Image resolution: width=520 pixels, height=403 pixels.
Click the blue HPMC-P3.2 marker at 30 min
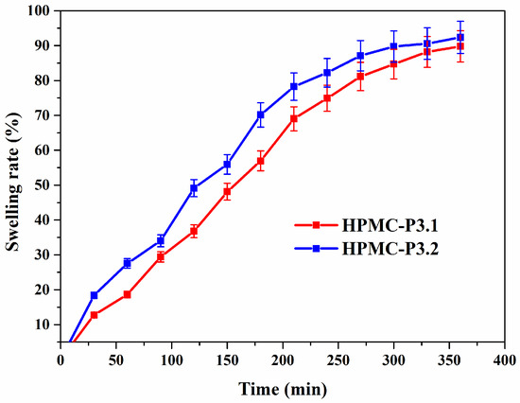(x=94, y=295)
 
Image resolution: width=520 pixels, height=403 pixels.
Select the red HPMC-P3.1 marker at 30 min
(x=94, y=315)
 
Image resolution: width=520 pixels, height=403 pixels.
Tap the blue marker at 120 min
(x=194, y=188)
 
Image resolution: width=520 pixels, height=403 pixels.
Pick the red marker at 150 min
(x=227, y=191)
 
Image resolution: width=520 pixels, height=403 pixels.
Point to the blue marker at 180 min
(x=261, y=114)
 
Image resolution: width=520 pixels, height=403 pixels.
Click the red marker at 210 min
(x=294, y=118)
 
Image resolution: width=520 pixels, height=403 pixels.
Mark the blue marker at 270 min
(x=360, y=56)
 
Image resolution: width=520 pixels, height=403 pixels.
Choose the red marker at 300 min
(x=393, y=64)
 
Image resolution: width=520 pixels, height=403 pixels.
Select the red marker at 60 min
(x=127, y=294)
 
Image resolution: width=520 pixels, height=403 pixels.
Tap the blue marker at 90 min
(x=161, y=240)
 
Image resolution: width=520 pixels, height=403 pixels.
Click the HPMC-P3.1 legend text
(x=390, y=226)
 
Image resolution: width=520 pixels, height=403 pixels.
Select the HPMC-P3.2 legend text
(x=390, y=249)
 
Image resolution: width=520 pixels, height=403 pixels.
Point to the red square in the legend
(x=317, y=225)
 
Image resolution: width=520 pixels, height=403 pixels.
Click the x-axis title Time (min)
(x=283, y=389)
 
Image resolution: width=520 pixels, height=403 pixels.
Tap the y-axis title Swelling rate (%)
(x=13, y=182)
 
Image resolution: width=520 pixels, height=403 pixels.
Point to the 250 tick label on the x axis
(x=338, y=360)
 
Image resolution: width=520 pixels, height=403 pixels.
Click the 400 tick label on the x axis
(x=505, y=360)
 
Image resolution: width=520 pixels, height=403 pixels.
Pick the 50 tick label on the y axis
(x=46, y=184)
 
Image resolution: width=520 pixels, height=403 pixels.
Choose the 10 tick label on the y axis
(x=46, y=324)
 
